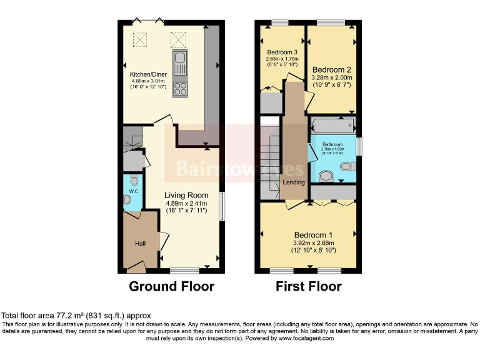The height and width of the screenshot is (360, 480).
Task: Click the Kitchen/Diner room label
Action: (147, 74)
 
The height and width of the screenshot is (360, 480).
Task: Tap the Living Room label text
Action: (186, 195)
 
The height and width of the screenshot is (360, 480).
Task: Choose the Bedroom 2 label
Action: (332, 69)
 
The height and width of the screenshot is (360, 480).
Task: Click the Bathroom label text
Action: (332, 144)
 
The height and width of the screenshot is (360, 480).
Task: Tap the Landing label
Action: (294, 182)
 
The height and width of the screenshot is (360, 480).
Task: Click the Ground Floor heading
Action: (171, 287)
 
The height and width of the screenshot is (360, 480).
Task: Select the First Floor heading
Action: (309, 287)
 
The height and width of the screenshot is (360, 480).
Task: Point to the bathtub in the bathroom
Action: (332, 126)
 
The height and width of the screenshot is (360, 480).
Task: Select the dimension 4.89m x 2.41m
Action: (186, 203)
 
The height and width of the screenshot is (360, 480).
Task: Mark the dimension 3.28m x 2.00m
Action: (332, 77)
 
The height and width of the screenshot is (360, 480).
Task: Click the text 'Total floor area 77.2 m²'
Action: (44, 316)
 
